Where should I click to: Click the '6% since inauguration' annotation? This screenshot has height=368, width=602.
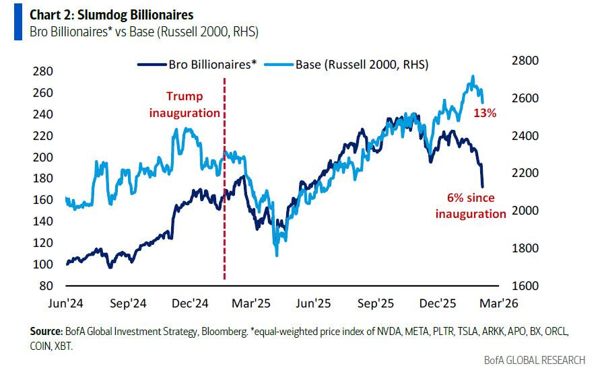pos(470,206)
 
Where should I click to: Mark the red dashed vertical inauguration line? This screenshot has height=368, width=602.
pos(224,202)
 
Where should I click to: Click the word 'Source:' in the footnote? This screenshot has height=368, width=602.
pos(46,332)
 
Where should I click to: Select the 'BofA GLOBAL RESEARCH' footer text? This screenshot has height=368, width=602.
pos(535,360)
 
